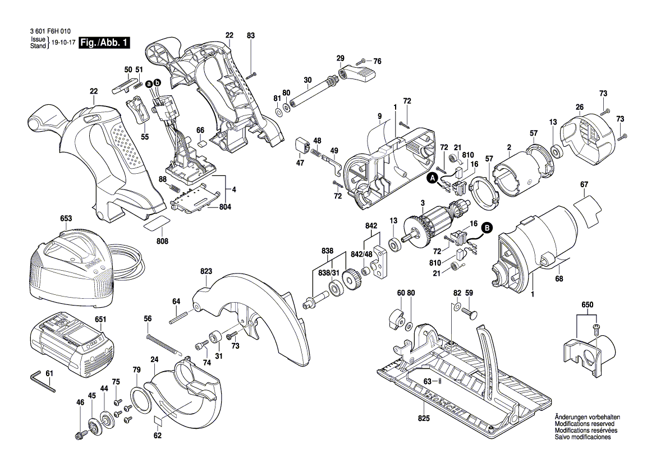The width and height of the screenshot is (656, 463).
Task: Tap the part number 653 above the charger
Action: pyautogui.click(x=66, y=218)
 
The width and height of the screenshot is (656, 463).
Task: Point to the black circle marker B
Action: pyautogui.click(x=487, y=228)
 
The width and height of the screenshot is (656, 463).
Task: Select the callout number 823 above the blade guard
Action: pyautogui.click(x=207, y=271)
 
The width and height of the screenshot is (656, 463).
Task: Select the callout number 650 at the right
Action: pyautogui.click(x=587, y=304)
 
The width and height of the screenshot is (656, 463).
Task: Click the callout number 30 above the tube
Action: pyautogui.click(x=308, y=80)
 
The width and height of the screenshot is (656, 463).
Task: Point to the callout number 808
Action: pyautogui.click(x=162, y=241)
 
